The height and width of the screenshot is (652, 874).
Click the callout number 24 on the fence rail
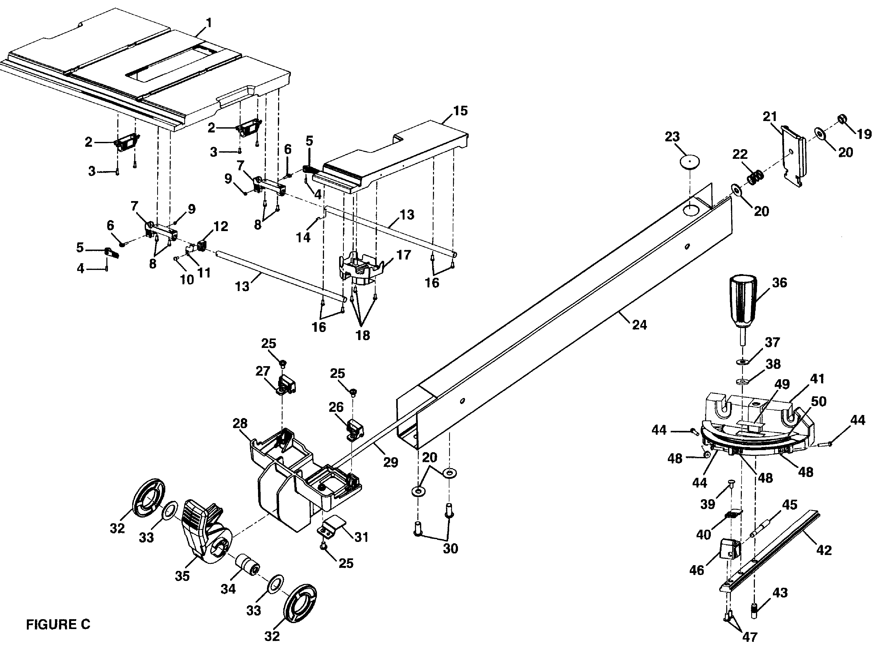pyautogui.click(x=639, y=324)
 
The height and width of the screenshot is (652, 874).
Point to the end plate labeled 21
pyautogui.click(x=793, y=156)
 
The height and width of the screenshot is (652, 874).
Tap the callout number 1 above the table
pyautogui.click(x=209, y=23)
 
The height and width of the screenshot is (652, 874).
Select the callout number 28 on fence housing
pyautogui.click(x=240, y=424)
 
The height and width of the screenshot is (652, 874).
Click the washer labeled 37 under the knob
pyautogui.click(x=742, y=361)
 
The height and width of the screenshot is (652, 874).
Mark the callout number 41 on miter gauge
pyautogui.click(x=817, y=379)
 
